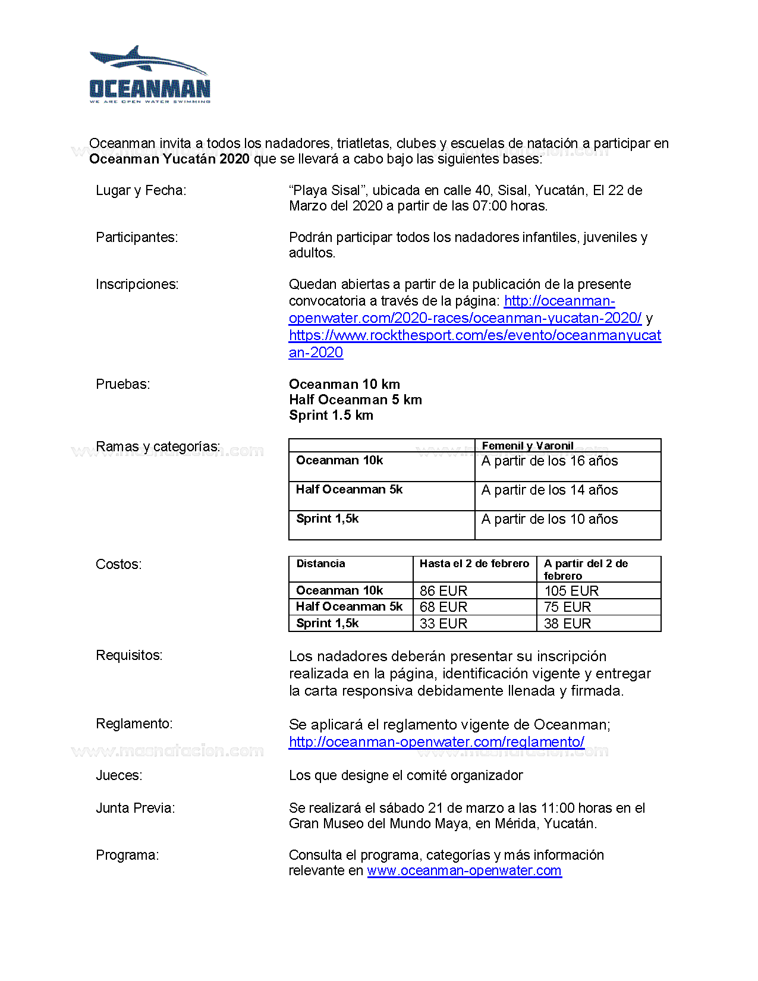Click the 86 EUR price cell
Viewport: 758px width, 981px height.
444,591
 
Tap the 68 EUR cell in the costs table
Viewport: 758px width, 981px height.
444,607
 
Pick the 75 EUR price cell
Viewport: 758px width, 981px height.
567,607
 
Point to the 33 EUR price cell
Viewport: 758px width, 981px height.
444,624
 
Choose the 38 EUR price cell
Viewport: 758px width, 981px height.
567,624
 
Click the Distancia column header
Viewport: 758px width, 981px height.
320,564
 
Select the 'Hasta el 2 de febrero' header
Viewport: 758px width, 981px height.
474,564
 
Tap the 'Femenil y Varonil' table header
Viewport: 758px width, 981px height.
527,446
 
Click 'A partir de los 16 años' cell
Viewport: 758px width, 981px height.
549,461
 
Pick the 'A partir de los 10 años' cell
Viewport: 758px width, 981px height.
549,520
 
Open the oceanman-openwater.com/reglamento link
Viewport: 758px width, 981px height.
436,742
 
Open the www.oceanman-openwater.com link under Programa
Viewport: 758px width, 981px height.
464,871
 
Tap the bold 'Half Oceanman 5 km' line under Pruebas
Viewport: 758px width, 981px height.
355,400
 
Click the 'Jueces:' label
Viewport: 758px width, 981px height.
119,776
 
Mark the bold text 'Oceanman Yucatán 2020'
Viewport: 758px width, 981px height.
169,159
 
